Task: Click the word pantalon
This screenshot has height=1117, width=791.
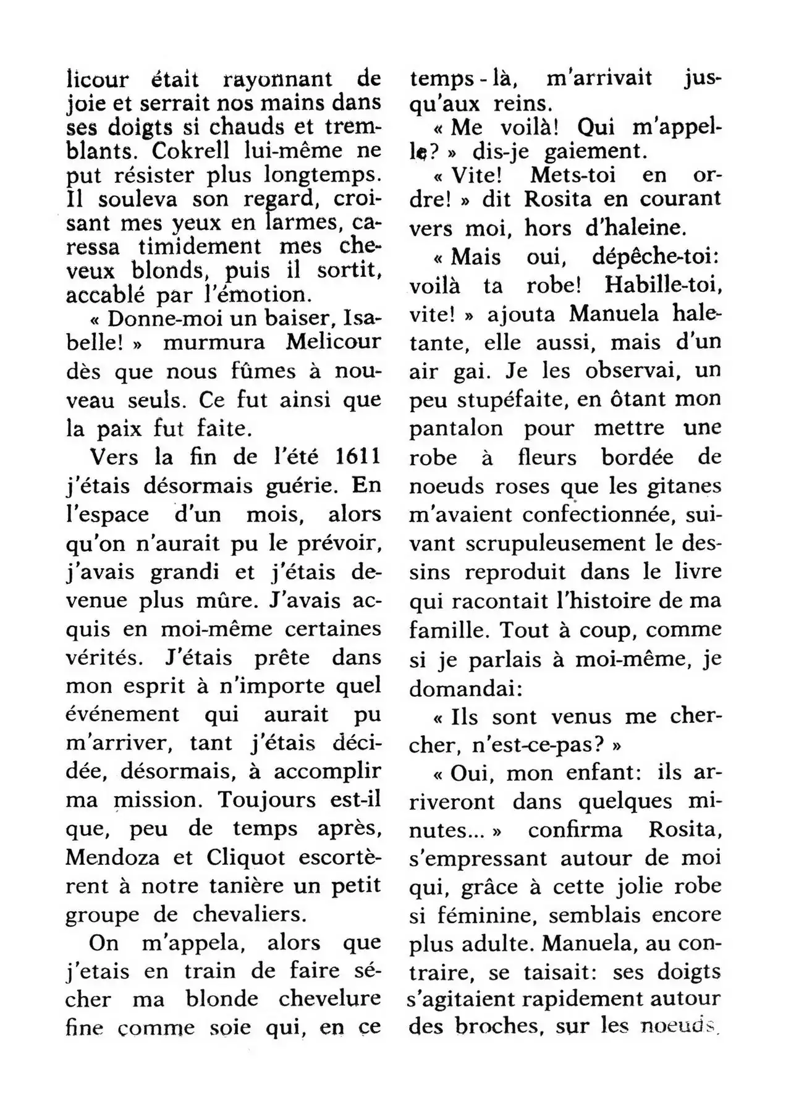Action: (455, 428)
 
